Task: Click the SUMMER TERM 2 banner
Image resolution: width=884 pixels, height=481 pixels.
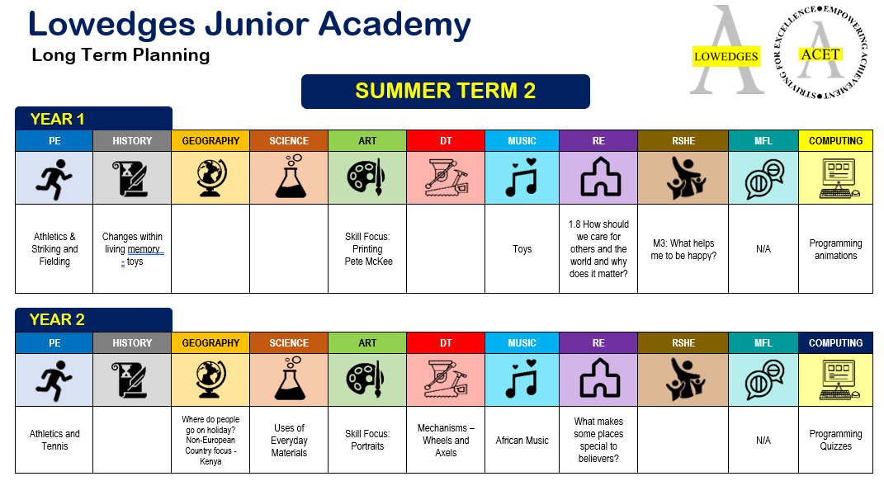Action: click(446, 92)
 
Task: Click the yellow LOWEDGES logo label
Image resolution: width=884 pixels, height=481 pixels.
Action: click(726, 56)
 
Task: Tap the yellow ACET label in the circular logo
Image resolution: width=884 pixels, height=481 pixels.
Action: click(820, 54)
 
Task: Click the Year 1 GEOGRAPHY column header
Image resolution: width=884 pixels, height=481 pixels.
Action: click(210, 141)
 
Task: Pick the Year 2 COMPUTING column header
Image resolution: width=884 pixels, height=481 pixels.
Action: click(835, 342)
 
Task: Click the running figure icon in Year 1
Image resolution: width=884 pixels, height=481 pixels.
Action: click(54, 179)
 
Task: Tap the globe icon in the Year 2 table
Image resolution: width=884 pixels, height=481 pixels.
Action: click(210, 380)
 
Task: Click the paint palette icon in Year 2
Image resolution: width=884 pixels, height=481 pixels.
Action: click(366, 380)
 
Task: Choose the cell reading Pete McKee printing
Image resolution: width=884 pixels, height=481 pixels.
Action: click(367, 249)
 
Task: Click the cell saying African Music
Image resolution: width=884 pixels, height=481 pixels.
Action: click(522, 440)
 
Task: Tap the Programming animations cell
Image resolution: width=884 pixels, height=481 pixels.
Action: click(835, 249)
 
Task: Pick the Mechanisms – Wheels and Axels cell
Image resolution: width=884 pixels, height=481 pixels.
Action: click(446, 440)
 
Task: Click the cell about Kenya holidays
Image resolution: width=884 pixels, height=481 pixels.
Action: click(210, 440)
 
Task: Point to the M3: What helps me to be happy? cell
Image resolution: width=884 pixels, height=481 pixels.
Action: click(683, 249)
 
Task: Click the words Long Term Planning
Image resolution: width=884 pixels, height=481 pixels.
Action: click(121, 55)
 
